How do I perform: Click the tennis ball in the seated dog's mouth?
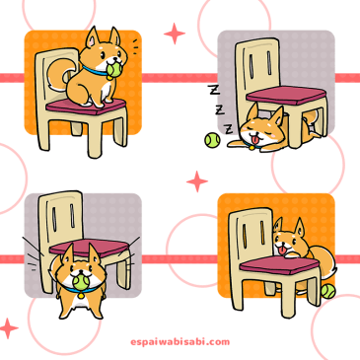pos(113,71)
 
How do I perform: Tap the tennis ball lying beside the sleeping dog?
pos(212,140)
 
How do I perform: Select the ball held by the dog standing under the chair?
pos(80,282)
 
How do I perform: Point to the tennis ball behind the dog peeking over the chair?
pos(328,291)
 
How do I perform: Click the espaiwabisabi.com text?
pos(180,342)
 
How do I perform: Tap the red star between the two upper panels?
pos(175,34)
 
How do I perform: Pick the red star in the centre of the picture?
pos(197,181)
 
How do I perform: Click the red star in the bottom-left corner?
pos(9,328)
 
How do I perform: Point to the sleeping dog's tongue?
pos(253,141)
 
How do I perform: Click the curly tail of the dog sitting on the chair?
pos(59,75)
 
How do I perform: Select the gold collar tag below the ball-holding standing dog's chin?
pos(81,295)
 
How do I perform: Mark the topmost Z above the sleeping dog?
pos(214,90)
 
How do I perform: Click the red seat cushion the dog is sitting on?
pos(86,106)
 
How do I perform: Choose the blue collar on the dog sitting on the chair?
pos(97,72)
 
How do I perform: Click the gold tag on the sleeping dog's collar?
pos(252,148)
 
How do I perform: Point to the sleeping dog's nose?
pos(252,134)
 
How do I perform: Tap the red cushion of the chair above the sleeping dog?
pos(286,95)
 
